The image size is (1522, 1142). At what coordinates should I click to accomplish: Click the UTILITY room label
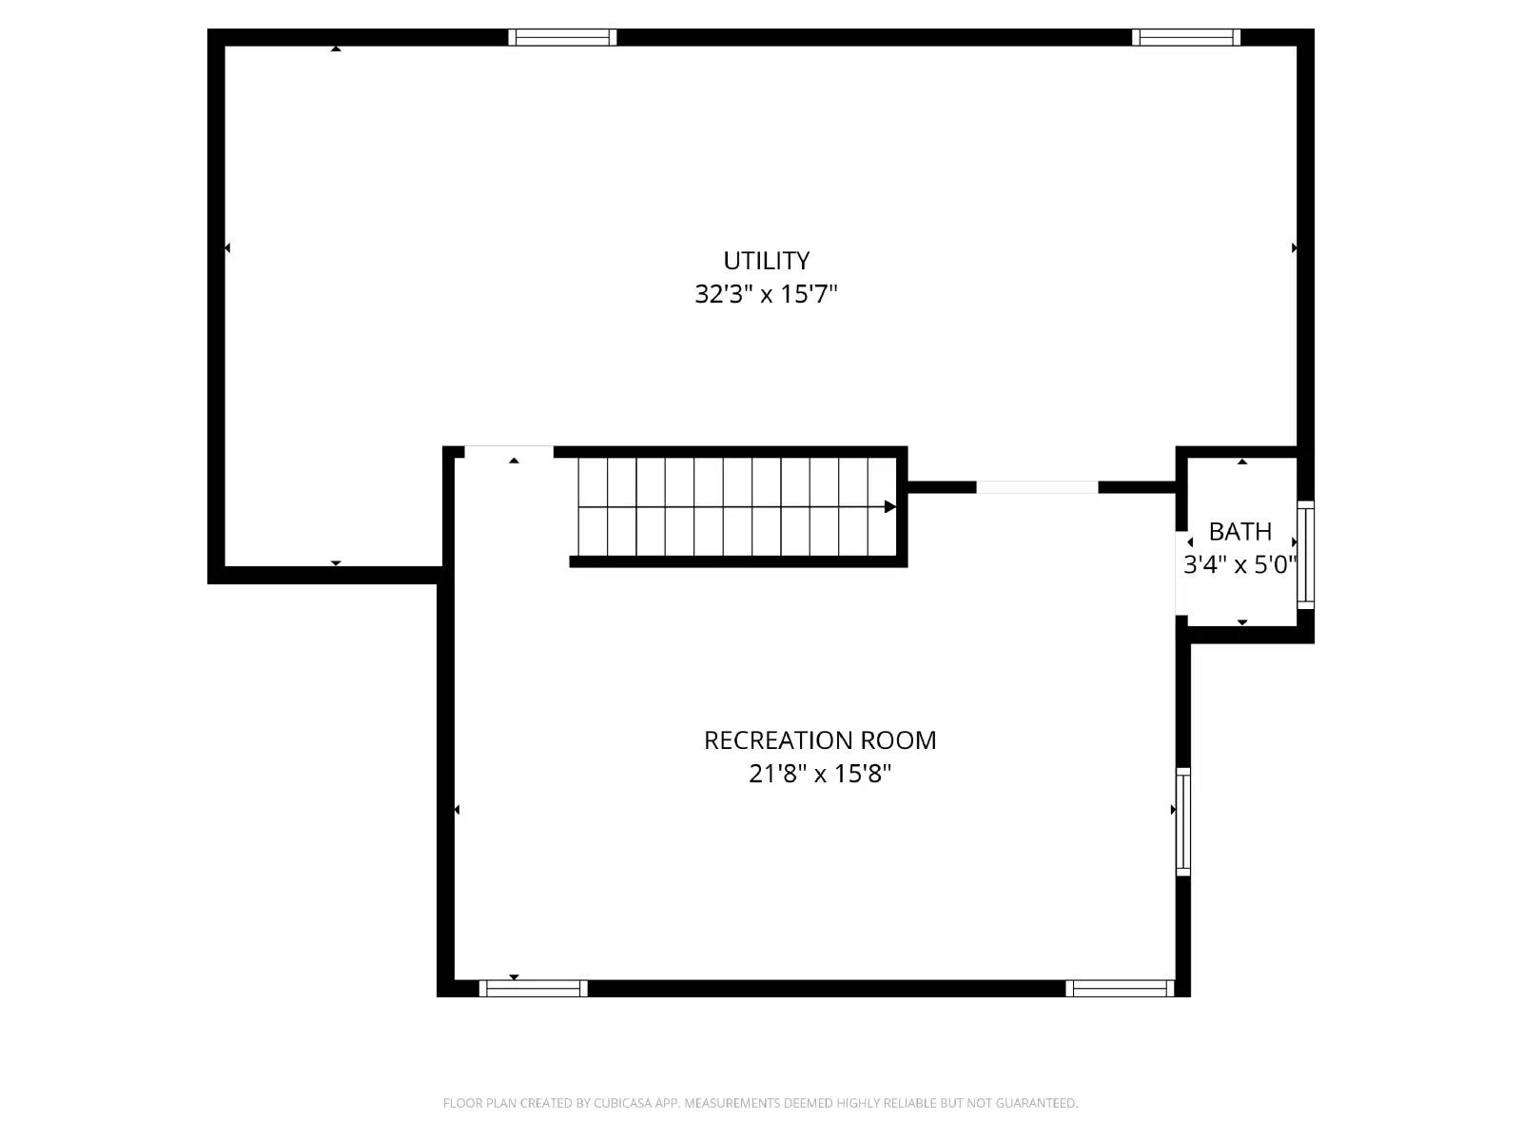point(766,261)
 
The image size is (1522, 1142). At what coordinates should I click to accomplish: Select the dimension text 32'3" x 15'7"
point(766,294)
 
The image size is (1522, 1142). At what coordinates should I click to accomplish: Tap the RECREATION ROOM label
point(820,740)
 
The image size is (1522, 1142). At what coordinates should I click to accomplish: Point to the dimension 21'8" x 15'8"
point(820,774)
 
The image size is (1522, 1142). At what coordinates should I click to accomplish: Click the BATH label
point(1239,532)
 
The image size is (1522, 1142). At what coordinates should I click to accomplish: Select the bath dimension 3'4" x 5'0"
point(1239,565)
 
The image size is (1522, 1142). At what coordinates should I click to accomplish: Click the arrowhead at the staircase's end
point(890,506)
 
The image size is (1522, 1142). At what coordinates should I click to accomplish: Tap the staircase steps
point(732,506)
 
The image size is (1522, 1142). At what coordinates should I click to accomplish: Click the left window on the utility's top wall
point(562,38)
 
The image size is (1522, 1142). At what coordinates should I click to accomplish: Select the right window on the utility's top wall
point(1186,38)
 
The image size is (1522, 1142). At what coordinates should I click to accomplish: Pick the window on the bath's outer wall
point(1306,555)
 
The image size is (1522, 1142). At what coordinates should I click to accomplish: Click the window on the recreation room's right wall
point(1183,821)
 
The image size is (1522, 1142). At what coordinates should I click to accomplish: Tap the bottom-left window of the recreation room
point(533,989)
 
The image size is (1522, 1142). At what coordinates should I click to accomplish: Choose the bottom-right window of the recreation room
point(1120,989)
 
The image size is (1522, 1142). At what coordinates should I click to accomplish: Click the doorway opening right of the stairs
point(1037,487)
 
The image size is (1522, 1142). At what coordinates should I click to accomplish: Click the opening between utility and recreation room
point(509,452)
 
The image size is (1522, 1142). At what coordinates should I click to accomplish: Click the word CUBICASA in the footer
point(623,1103)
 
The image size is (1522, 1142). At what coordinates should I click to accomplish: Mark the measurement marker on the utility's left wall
point(227,248)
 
